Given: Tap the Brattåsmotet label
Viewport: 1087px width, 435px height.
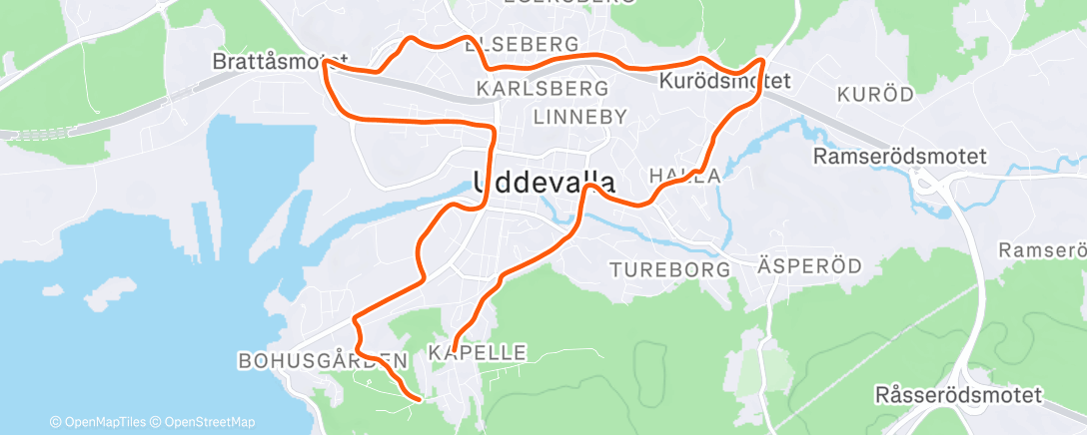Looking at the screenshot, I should (x=280, y=62).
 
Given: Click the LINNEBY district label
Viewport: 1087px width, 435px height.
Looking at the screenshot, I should (x=579, y=117).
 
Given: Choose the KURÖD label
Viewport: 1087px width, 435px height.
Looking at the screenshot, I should (x=876, y=95).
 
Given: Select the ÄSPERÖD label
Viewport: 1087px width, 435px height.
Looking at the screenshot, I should (x=795, y=269).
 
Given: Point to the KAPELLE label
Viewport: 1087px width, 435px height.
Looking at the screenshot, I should (x=477, y=352).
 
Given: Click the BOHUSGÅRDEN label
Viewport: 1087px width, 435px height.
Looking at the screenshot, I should (x=323, y=360).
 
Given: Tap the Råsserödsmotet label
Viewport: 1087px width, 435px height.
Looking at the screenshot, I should (x=957, y=394).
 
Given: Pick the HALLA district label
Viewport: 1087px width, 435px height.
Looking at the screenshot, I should (x=684, y=176).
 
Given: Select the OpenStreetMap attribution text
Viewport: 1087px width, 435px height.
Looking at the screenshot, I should (x=209, y=422).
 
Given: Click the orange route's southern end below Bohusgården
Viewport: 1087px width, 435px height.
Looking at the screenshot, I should (x=415, y=399).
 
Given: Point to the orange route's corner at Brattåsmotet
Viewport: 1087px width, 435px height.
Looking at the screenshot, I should (x=327, y=67).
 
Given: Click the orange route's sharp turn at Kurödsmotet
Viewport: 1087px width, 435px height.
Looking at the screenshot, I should (x=763, y=62).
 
